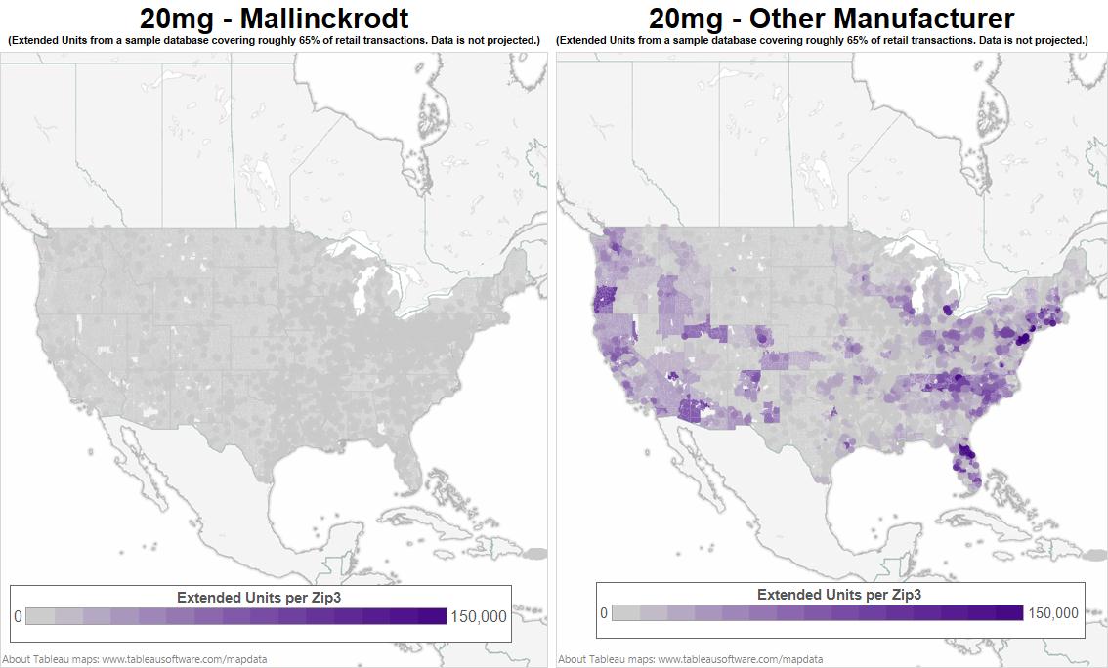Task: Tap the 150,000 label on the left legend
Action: coord(479,616)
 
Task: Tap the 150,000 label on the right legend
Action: coord(1053,613)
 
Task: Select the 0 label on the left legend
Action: coord(18,616)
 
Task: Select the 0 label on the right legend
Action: coord(604,613)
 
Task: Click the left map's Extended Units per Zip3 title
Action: coord(259,597)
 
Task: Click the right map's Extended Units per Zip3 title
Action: coord(839,594)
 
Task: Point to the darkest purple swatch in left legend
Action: coord(432,616)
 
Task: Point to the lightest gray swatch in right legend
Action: coord(626,613)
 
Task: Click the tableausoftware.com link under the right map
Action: coord(740,659)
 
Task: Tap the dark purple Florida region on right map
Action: coord(965,453)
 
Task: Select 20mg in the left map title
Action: coord(177,18)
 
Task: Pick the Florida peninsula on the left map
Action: coord(411,469)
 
